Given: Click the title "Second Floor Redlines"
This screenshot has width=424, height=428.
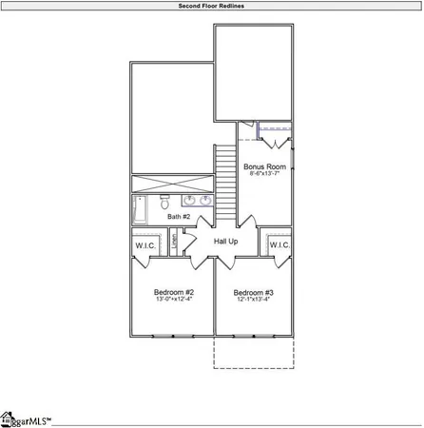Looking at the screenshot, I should (x=211, y=6).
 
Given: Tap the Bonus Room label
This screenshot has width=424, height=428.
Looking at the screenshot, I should (x=265, y=166).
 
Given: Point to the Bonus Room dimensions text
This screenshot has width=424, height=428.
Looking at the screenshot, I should (x=265, y=175).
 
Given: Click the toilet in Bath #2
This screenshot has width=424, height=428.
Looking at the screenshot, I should (x=164, y=202).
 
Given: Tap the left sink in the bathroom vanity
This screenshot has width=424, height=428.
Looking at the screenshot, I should (x=189, y=201).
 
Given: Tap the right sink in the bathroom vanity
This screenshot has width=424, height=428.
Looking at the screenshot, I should (x=205, y=201).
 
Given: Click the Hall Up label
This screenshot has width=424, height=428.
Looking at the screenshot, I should (x=226, y=243).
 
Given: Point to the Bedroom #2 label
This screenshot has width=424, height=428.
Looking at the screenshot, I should (x=174, y=292).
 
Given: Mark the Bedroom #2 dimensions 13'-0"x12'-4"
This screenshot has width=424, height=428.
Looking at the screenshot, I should (x=174, y=301).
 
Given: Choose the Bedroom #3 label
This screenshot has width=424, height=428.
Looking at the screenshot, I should (x=254, y=292).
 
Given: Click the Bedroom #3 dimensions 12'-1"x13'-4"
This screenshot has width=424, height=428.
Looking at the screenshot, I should (x=254, y=301).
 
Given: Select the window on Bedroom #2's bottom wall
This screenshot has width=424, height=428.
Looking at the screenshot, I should (x=172, y=335).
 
